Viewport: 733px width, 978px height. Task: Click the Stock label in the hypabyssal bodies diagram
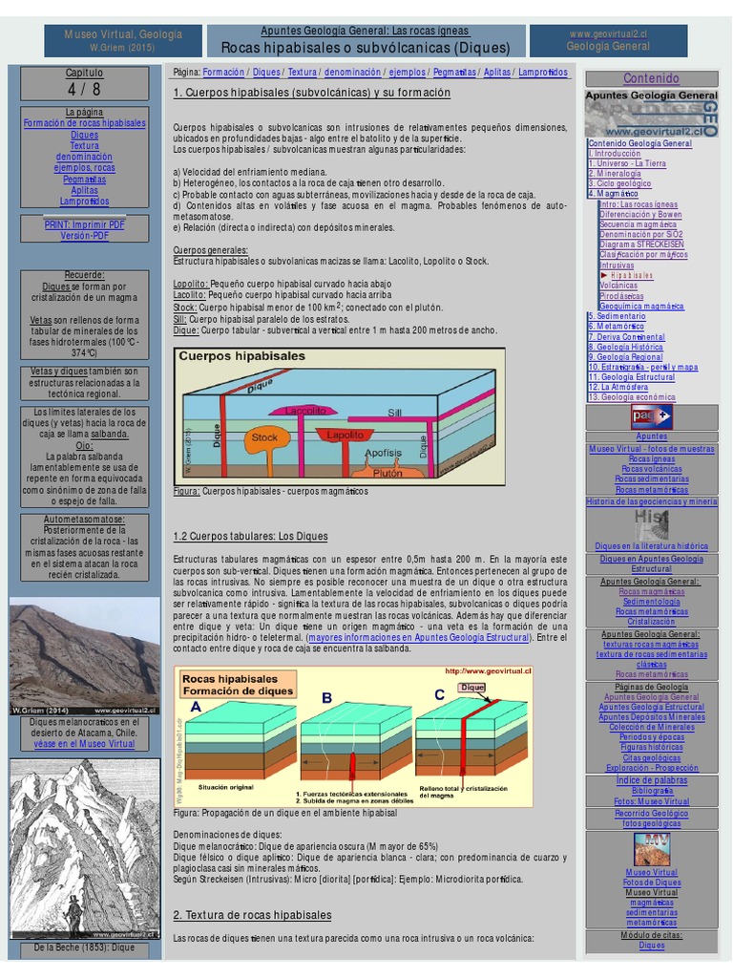click(264, 437)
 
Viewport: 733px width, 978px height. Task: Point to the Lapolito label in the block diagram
click(345, 434)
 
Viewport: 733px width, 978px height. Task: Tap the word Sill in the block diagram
click(394, 413)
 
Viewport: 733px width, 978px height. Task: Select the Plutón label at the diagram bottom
click(387, 472)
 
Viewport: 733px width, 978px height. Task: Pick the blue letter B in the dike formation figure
click(326, 698)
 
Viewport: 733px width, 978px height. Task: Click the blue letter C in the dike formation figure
click(440, 695)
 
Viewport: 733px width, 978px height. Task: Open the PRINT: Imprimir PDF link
click(84, 224)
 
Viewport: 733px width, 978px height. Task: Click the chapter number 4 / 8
click(84, 89)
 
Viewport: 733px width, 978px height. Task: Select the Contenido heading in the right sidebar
click(651, 78)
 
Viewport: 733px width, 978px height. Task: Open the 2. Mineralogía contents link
click(616, 174)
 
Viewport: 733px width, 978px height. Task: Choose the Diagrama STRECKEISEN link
click(641, 244)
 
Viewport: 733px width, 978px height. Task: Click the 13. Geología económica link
click(632, 396)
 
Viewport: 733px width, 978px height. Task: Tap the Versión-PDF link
click(84, 235)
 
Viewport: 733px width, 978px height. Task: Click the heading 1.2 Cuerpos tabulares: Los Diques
click(250, 537)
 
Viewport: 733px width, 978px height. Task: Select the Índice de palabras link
click(651, 780)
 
